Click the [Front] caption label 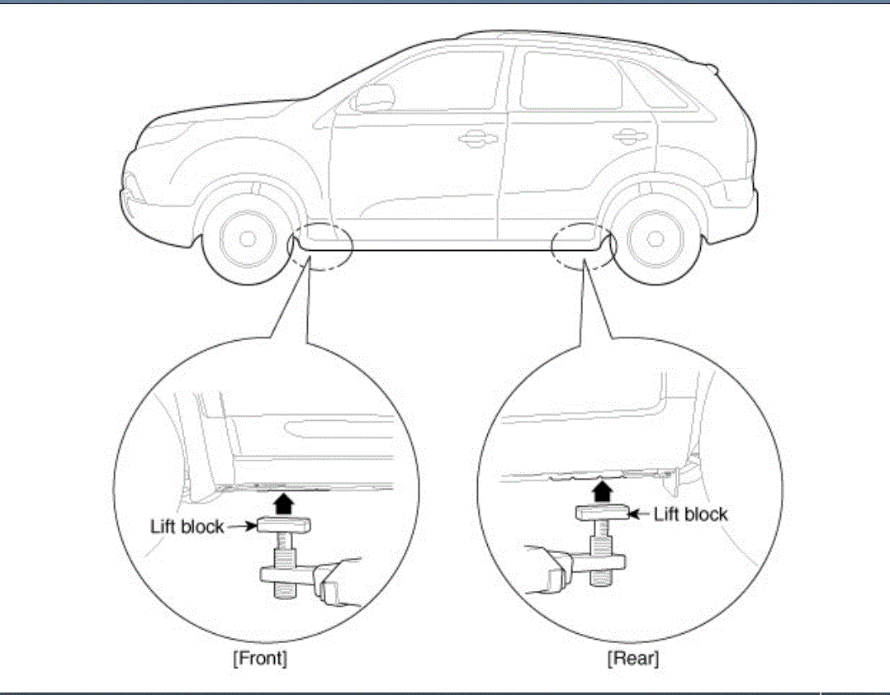pos(260,658)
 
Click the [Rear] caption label pos(633,658)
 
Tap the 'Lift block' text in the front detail pos(187,526)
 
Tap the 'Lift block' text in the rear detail pos(691,514)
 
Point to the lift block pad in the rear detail pos(604,513)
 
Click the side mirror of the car pos(363,98)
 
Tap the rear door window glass pos(570,81)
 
